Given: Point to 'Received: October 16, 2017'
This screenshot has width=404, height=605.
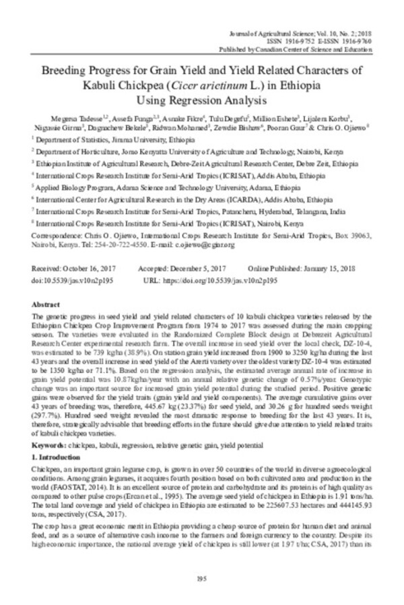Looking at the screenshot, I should tap(71, 268).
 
